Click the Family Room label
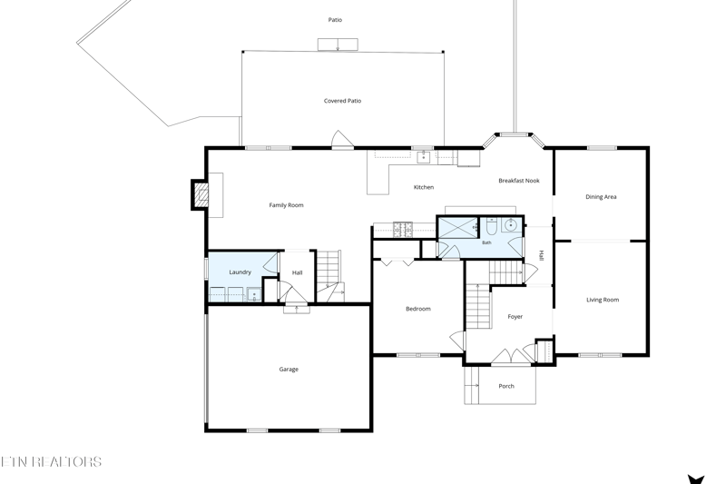286,205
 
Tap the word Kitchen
424,187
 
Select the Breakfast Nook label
519,181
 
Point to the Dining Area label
601,197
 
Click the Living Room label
603,300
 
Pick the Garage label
289,370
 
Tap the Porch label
506,386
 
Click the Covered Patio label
343,101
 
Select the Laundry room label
240,272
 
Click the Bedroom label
418,309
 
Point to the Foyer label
515,317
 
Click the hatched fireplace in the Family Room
201,194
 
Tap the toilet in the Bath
491,226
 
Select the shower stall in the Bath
458,227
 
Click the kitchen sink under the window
424,157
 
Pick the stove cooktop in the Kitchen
403,230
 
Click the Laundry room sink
254,295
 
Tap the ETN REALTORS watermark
51,461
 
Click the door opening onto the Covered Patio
342,141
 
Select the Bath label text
486,242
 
